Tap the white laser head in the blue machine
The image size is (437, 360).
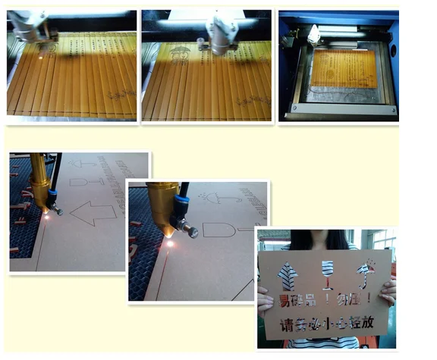pyautogui.click(x=313, y=33)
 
